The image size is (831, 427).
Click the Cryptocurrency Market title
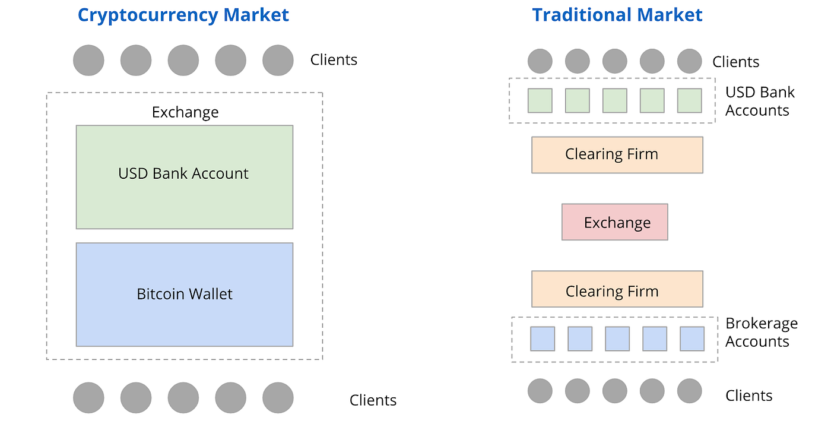pyautogui.click(x=183, y=15)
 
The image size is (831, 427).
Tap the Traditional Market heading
pyautogui.click(x=617, y=15)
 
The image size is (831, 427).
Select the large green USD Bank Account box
pyautogui.click(x=184, y=176)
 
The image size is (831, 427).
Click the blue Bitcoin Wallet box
pyautogui.click(x=184, y=294)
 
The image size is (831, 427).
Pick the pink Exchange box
pyautogui.click(x=615, y=222)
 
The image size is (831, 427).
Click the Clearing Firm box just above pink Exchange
pyautogui.click(x=617, y=154)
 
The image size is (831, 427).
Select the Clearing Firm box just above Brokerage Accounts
pyautogui.click(x=617, y=289)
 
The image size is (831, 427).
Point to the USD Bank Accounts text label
pyautogui.click(x=759, y=101)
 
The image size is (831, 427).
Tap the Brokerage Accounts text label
pyautogui.click(x=761, y=333)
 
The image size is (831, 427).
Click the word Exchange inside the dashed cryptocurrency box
pyautogui.click(x=185, y=112)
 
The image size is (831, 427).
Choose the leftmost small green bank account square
pyautogui.click(x=540, y=100)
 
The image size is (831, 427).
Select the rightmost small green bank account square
pyautogui.click(x=689, y=100)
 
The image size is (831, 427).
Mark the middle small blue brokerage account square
pyautogui.click(x=617, y=339)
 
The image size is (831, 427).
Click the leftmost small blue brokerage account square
pyautogui.click(x=543, y=339)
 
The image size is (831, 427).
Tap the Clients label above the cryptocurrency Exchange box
pyautogui.click(x=334, y=60)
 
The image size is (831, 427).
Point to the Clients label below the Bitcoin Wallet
pyautogui.click(x=373, y=400)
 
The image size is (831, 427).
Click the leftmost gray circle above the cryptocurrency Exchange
pyautogui.click(x=88, y=61)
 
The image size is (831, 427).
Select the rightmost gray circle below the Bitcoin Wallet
pyautogui.click(x=278, y=397)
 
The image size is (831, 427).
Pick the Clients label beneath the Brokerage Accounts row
pyautogui.click(x=748, y=396)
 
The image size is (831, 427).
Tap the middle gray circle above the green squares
pyautogui.click(x=614, y=61)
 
